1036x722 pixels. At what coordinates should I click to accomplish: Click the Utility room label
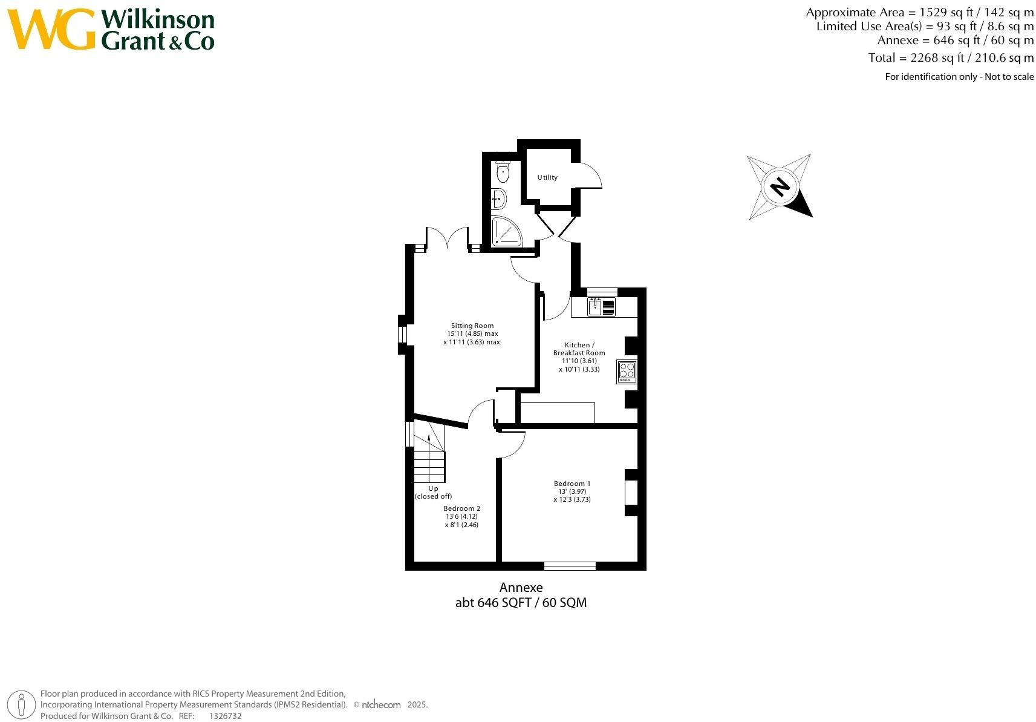(547, 177)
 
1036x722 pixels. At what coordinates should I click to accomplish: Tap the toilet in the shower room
(503, 172)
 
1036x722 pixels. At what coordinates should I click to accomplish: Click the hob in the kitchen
(627, 372)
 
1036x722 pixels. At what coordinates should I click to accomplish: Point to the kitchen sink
(596, 307)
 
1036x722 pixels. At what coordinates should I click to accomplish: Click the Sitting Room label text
(472, 326)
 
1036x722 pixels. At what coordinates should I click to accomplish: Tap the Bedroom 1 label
(572, 484)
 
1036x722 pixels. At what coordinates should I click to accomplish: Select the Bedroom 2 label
(461, 508)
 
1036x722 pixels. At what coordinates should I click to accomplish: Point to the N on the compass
(780, 186)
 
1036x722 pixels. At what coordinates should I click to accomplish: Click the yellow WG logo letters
(51, 29)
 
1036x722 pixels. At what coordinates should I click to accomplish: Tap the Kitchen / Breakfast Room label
(579, 349)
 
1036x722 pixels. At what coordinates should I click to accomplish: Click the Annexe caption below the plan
(521, 587)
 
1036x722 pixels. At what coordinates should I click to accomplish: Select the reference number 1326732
(225, 716)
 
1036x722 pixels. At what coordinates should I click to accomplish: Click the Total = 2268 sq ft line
(951, 58)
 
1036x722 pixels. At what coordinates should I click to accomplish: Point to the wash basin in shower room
(499, 199)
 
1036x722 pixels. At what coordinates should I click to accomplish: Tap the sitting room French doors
(448, 237)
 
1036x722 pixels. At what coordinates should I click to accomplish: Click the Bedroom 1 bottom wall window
(570, 566)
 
